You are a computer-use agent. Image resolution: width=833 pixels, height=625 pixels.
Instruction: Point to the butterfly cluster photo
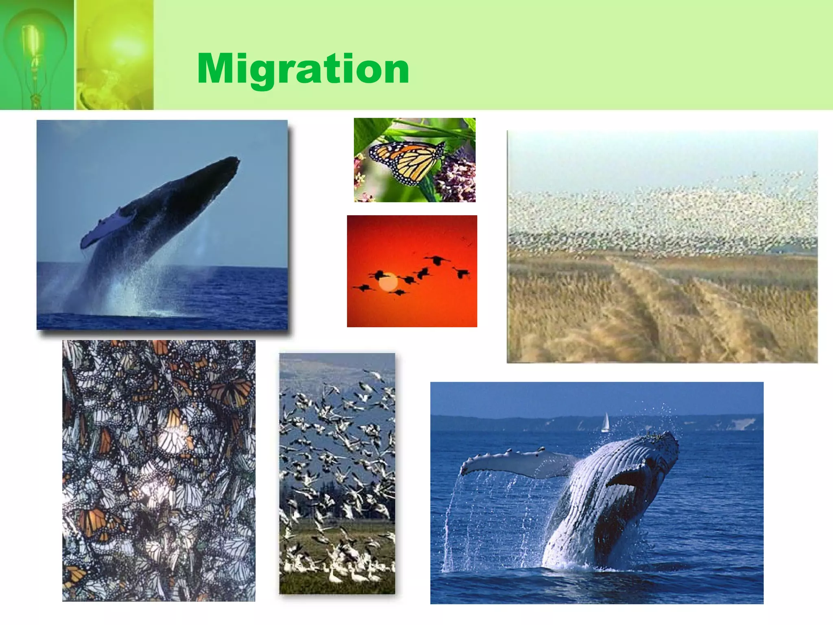point(159,470)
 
